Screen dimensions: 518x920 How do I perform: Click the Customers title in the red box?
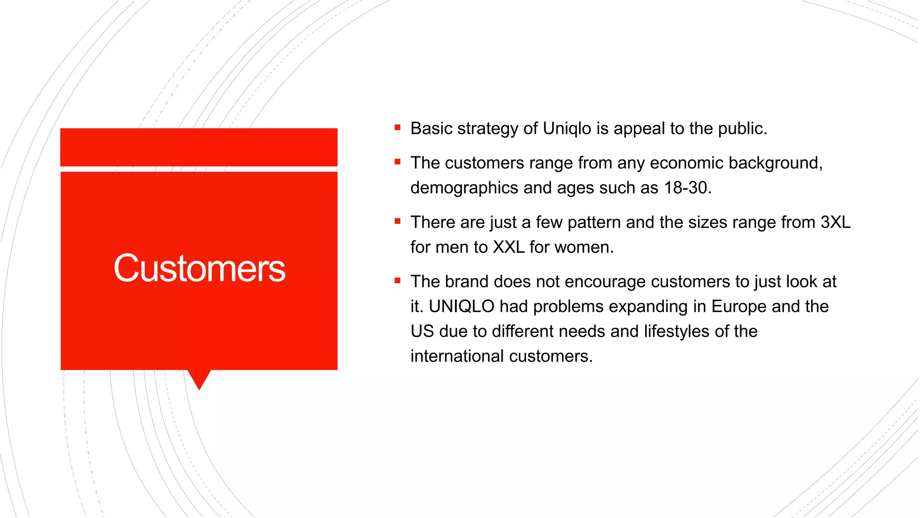tap(199, 268)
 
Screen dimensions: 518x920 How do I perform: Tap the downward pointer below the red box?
tap(199, 379)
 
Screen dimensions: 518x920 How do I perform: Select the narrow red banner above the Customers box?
tap(199, 147)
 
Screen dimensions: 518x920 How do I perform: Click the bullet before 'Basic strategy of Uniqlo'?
tap(398, 128)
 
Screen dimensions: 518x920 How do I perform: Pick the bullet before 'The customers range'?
tap(398, 162)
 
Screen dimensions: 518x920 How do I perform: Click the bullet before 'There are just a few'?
tap(398, 221)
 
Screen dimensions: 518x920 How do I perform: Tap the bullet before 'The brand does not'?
tap(398, 281)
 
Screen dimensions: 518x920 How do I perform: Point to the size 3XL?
tap(835, 222)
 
